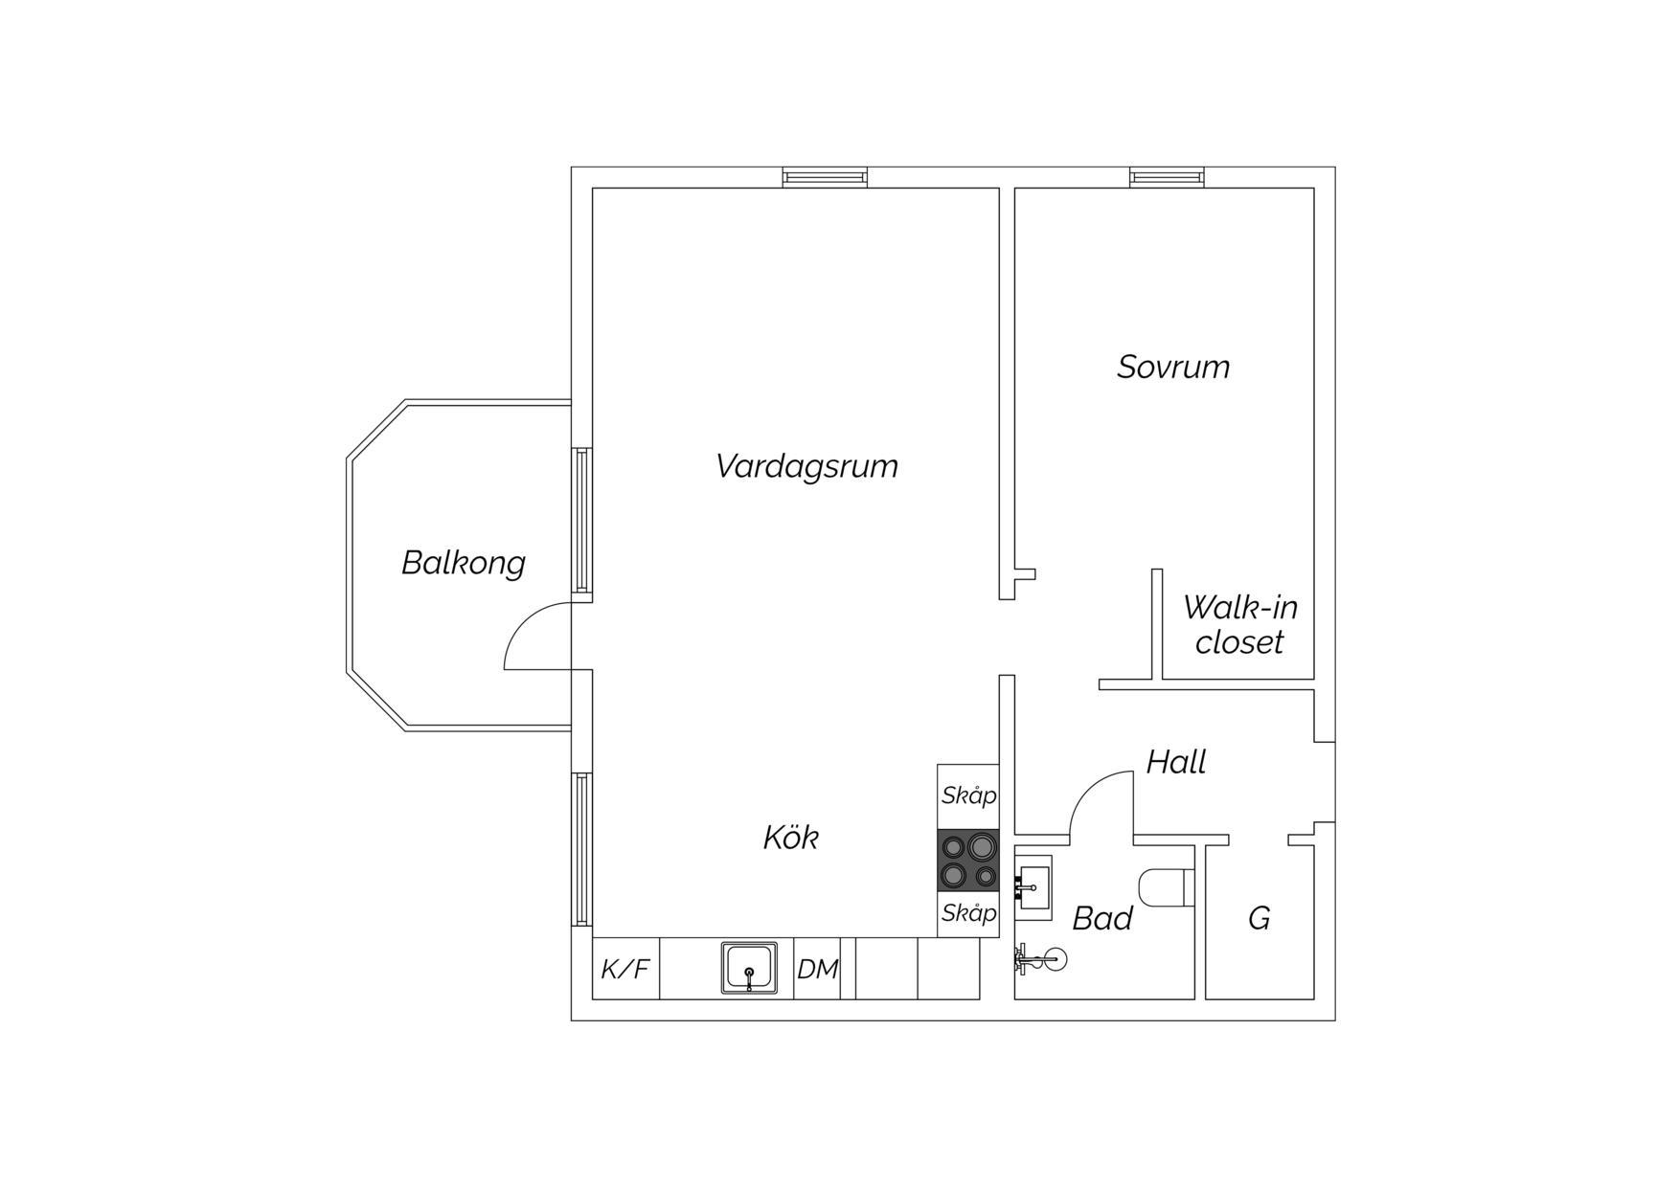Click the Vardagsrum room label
(x=806, y=467)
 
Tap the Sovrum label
(x=1173, y=367)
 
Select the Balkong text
(x=464, y=563)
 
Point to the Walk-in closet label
(x=1239, y=624)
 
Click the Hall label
(x=1176, y=762)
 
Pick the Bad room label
(x=1102, y=918)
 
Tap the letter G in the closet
(x=1260, y=918)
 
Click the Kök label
(x=791, y=838)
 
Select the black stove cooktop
(x=968, y=861)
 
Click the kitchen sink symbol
(x=749, y=968)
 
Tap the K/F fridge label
(x=625, y=970)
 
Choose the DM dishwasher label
(x=818, y=970)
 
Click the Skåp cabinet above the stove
(x=968, y=795)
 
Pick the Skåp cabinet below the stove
(x=968, y=914)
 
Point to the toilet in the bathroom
(x=1169, y=887)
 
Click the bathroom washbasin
(x=1033, y=887)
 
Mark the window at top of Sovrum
(x=1167, y=177)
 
